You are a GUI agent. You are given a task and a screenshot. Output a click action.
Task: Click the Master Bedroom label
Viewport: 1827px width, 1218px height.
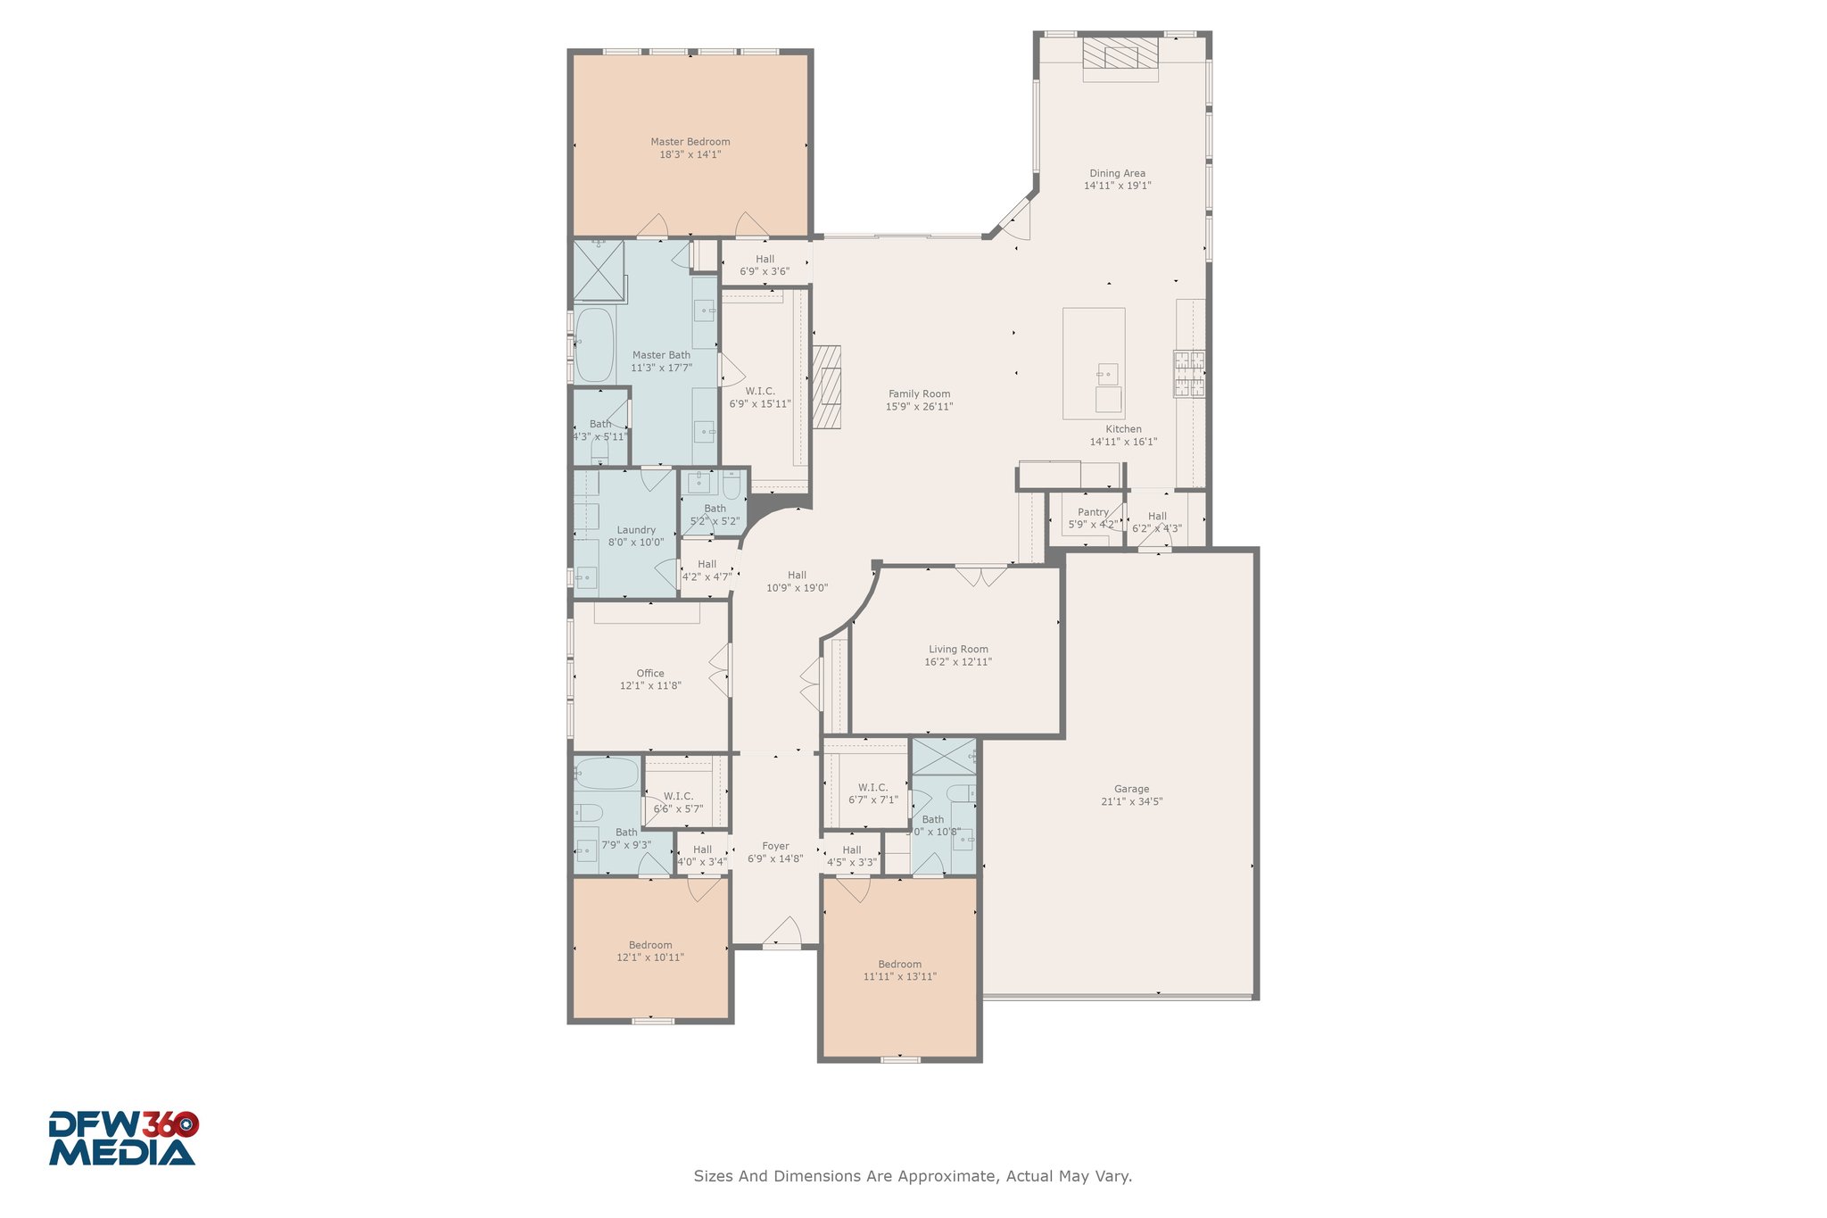tap(690, 141)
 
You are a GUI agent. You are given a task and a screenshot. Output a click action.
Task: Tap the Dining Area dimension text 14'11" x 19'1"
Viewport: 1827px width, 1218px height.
tap(1118, 186)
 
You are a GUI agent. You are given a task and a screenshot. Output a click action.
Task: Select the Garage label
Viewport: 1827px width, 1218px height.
tap(1131, 789)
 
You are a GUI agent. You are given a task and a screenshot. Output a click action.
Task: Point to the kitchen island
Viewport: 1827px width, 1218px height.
tap(1094, 363)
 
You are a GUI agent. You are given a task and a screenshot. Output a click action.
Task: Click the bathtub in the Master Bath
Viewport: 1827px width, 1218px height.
tap(594, 344)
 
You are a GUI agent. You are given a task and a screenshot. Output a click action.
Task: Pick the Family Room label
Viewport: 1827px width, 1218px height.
tap(920, 394)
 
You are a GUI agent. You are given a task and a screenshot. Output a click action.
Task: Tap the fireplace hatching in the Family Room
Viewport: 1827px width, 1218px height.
tap(827, 387)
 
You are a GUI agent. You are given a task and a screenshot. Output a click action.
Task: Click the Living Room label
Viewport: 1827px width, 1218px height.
tap(958, 650)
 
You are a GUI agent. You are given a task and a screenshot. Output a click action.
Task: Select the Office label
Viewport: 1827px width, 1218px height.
tap(650, 674)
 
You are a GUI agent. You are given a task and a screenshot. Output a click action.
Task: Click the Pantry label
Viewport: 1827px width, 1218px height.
tap(1093, 512)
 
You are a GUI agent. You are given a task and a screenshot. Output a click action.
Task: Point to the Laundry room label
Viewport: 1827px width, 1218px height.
tap(636, 530)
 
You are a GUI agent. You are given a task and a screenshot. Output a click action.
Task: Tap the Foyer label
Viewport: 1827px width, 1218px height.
tap(775, 846)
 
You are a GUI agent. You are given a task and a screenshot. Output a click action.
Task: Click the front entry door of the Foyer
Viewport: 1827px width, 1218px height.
tap(782, 932)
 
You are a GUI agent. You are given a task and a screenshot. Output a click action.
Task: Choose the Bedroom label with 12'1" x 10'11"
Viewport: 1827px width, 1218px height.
tap(650, 945)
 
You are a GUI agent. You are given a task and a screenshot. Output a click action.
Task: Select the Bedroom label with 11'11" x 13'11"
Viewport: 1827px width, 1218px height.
tap(899, 964)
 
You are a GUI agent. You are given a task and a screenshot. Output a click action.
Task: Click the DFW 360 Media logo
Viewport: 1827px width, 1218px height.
tap(123, 1138)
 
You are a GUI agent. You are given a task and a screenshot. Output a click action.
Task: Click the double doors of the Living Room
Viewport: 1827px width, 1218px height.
tap(981, 576)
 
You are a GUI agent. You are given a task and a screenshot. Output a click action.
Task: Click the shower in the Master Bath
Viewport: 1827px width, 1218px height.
tap(599, 270)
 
